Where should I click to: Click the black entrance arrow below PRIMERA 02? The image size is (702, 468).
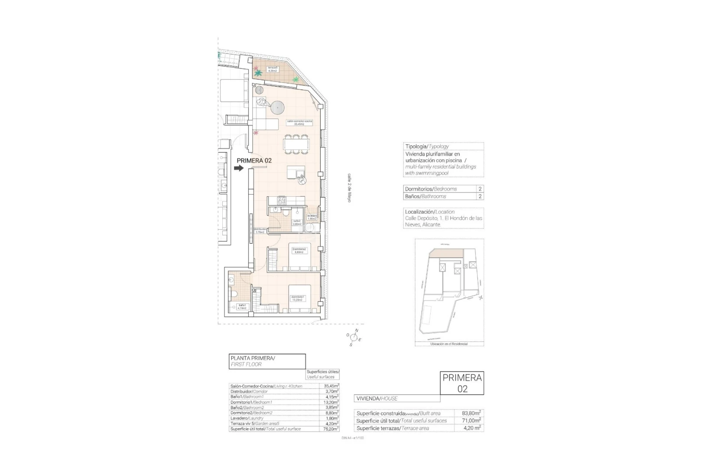239,169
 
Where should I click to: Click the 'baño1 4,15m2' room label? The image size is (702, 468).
242,307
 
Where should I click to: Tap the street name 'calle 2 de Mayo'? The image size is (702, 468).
349,188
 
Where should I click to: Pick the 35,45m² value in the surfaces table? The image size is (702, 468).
331,386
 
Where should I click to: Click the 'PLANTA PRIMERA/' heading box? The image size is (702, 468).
267,361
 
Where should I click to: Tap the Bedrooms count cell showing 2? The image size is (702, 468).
480,189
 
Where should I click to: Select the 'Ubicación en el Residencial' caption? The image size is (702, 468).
449,344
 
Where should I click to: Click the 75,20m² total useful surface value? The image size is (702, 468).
331,429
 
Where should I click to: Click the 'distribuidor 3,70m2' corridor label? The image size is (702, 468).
260,231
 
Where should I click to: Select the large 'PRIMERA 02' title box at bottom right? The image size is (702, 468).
462,383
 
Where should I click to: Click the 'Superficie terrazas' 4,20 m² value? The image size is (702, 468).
470,428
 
